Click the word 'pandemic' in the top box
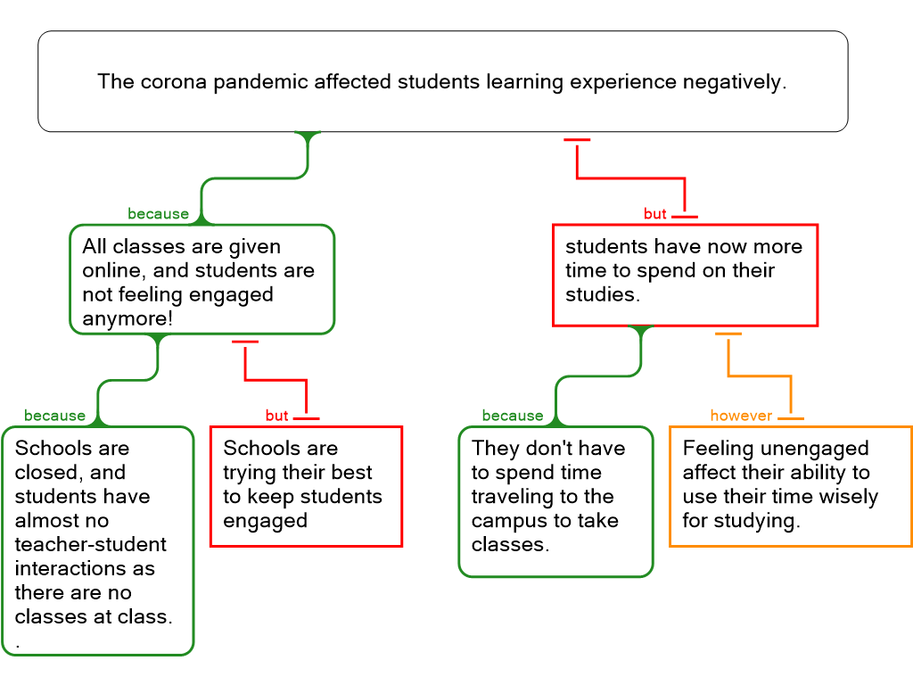(251, 82)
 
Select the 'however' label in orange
(741, 416)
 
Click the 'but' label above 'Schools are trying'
(276, 416)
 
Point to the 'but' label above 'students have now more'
(655, 214)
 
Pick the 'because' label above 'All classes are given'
(159, 214)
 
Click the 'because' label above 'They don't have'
(512, 416)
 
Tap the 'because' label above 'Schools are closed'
(55, 416)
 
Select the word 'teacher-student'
(90, 544)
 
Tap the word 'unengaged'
(812, 449)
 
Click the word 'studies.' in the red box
(602, 294)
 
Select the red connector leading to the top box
(630, 178)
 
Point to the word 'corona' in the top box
(168, 82)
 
